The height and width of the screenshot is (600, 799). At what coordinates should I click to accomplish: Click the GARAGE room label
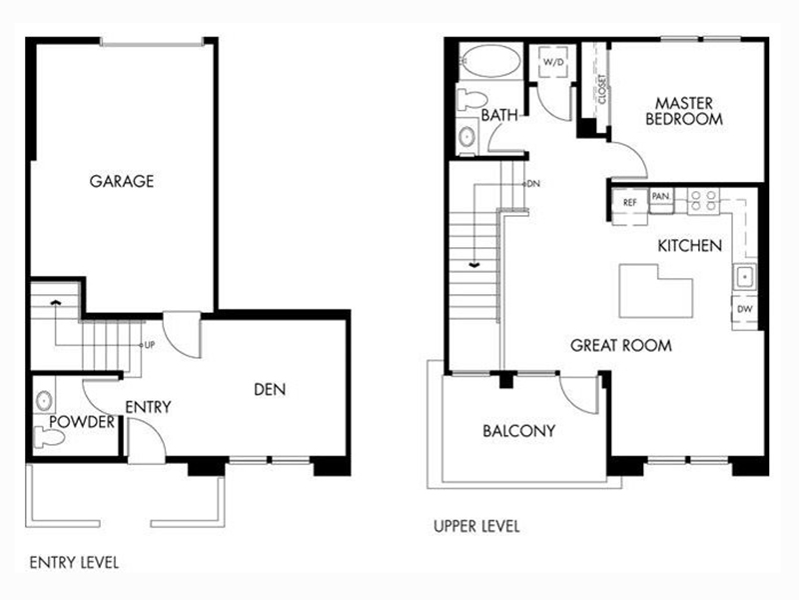(121, 181)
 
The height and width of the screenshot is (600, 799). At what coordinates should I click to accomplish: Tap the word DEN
(270, 390)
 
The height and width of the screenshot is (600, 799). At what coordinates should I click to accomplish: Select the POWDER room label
(82, 422)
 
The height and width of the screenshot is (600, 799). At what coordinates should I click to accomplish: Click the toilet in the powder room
(49, 438)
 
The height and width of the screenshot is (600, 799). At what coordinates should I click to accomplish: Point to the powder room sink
(44, 400)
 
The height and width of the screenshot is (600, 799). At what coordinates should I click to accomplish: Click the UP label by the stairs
(149, 345)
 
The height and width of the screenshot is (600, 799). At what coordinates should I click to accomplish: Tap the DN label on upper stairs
(533, 184)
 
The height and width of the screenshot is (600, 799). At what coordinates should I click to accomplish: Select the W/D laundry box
(553, 63)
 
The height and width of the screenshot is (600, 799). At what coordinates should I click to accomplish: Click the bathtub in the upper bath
(490, 61)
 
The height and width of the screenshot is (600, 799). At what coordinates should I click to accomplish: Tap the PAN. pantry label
(661, 196)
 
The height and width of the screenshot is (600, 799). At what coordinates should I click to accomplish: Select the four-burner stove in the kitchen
(703, 201)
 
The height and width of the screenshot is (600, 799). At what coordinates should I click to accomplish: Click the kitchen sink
(744, 277)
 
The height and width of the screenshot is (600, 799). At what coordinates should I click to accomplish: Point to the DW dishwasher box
(744, 309)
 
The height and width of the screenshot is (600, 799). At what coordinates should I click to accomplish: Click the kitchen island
(655, 292)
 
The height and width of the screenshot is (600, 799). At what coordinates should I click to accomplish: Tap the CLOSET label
(602, 89)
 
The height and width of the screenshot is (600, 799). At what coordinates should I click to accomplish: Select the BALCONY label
(518, 431)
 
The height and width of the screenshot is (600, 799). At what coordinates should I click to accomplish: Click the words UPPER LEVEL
(476, 527)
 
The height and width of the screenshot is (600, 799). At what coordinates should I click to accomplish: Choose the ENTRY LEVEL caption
(74, 563)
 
